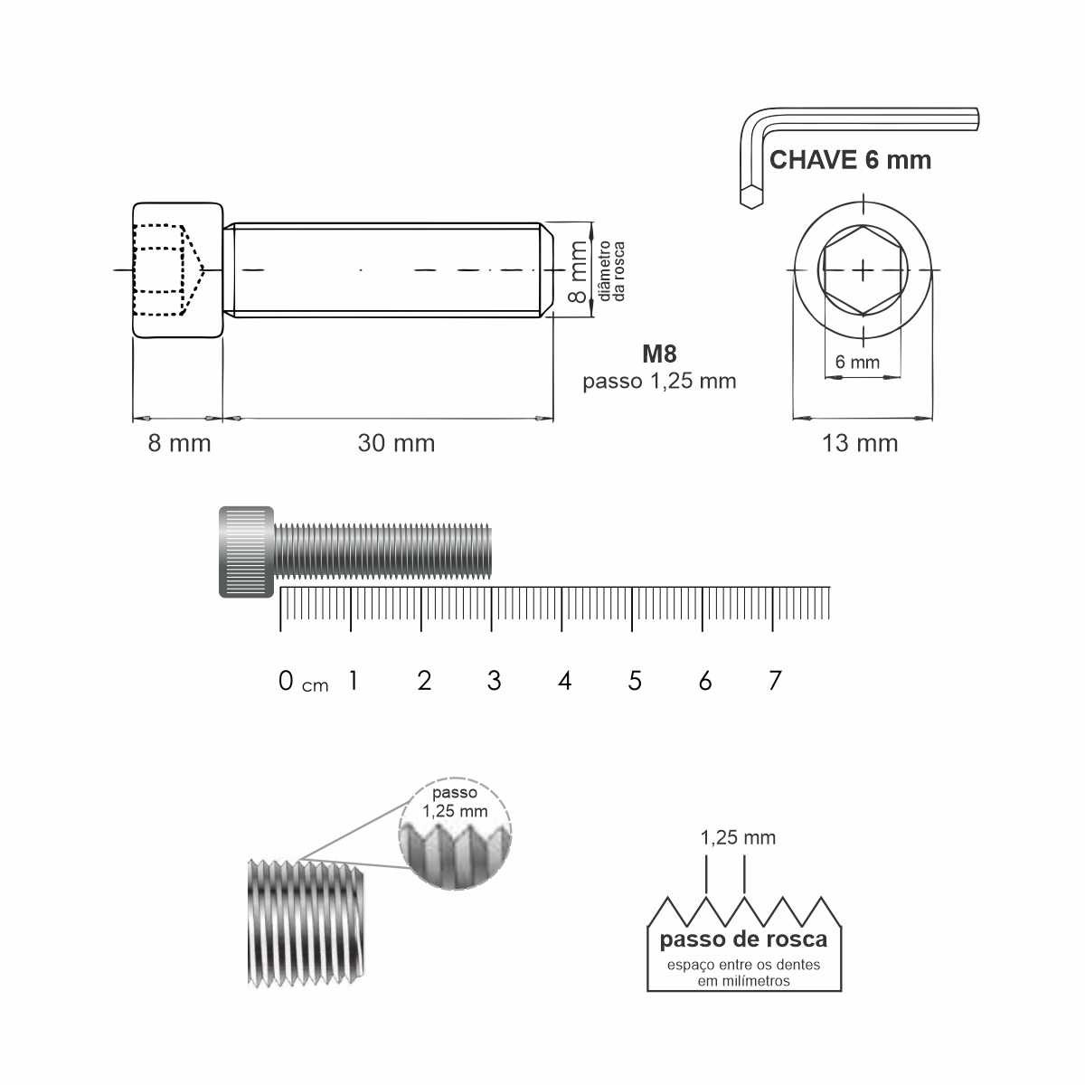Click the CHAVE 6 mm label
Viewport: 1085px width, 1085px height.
pyautogui.click(x=850, y=160)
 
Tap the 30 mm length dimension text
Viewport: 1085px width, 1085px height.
pyautogui.click(x=396, y=443)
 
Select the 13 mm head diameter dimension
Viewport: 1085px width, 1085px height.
pyautogui.click(x=860, y=443)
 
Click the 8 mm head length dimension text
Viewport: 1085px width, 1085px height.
pyautogui.click(x=179, y=443)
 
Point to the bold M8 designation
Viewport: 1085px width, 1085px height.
pyautogui.click(x=659, y=354)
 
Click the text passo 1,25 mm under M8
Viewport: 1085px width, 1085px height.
pyautogui.click(x=659, y=382)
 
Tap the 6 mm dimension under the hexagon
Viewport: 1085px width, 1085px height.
pyautogui.click(x=857, y=362)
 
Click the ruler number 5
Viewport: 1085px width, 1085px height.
pyautogui.click(x=635, y=682)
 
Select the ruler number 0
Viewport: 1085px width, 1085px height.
pyautogui.click(x=286, y=682)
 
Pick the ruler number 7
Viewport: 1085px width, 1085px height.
pyautogui.click(x=775, y=682)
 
